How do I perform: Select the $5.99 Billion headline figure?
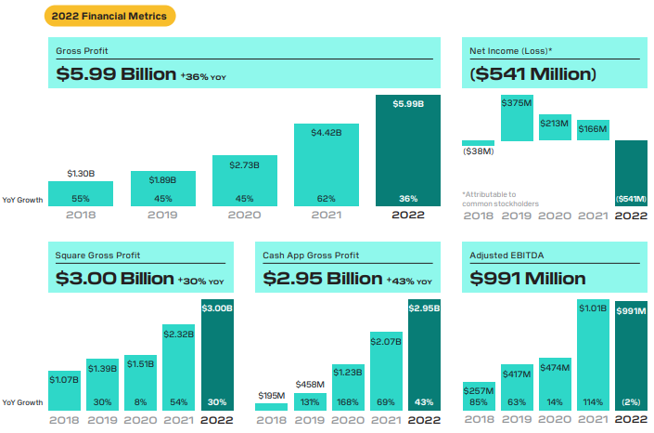click(x=115, y=75)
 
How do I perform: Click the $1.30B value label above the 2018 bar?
click(x=81, y=174)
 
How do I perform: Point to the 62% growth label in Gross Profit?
click(x=326, y=198)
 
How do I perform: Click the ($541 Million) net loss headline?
click(x=533, y=73)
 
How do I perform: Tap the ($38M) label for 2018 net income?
click(x=479, y=151)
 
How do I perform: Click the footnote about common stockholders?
click(x=501, y=199)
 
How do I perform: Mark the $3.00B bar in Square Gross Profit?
click(x=218, y=353)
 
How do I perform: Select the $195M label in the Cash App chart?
click(x=271, y=395)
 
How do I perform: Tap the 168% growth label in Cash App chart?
click(x=348, y=401)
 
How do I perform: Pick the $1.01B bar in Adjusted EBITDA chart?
click(x=593, y=353)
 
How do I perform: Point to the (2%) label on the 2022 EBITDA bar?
click(x=632, y=401)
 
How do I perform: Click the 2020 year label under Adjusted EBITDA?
click(x=555, y=420)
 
